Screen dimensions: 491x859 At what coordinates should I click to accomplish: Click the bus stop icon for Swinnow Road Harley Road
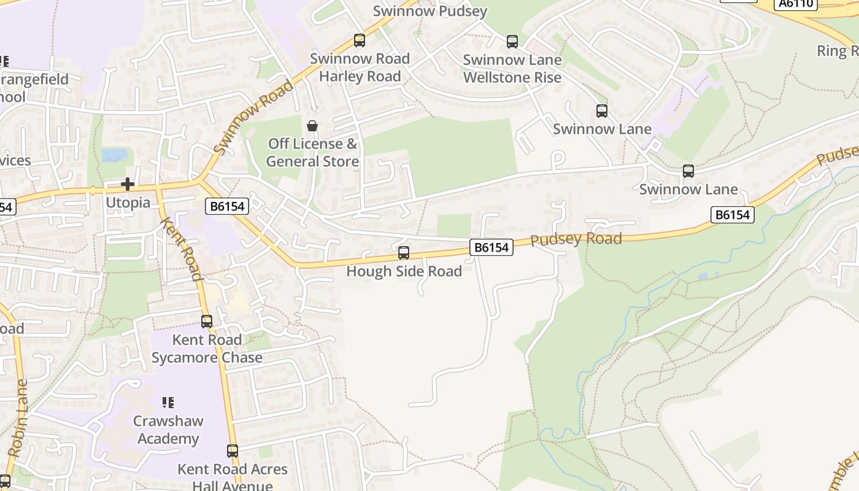[360, 41]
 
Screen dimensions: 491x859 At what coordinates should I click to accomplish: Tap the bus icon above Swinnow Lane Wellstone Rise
[512, 42]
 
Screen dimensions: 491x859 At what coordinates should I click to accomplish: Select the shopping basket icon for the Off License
[312, 126]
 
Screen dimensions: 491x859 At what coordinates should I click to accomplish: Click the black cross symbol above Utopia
[128, 184]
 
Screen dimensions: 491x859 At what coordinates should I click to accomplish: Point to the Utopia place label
[128, 203]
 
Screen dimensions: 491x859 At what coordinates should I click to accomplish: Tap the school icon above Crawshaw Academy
[168, 403]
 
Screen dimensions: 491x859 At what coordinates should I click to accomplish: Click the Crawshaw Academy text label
[168, 430]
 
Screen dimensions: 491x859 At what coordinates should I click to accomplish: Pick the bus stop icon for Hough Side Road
[404, 253]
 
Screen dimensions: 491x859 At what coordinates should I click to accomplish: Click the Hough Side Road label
[404, 271]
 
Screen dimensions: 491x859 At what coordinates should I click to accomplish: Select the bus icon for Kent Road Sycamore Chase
[207, 321]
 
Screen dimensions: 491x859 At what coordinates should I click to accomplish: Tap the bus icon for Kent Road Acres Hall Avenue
[233, 451]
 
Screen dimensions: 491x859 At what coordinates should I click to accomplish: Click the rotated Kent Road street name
[181, 248]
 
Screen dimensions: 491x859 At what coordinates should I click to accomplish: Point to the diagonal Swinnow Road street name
[253, 117]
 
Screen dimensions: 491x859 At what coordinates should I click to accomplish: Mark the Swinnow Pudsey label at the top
[429, 11]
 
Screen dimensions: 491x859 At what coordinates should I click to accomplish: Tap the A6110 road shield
[796, 4]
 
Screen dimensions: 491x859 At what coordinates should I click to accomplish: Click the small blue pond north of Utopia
[115, 155]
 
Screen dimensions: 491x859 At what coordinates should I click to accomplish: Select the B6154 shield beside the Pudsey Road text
[491, 247]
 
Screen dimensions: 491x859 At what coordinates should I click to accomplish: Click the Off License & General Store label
[312, 152]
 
